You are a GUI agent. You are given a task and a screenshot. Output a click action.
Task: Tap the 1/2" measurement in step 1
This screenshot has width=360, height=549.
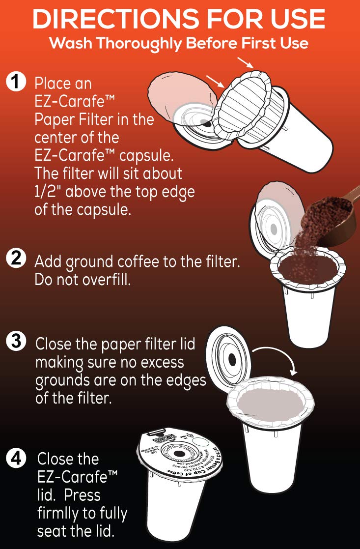(x=50, y=191)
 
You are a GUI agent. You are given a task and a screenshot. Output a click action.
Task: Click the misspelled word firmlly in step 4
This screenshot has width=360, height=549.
(x=60, y=514)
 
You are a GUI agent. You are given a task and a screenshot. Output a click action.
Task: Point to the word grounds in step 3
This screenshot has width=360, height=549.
(x=64, y=380)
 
